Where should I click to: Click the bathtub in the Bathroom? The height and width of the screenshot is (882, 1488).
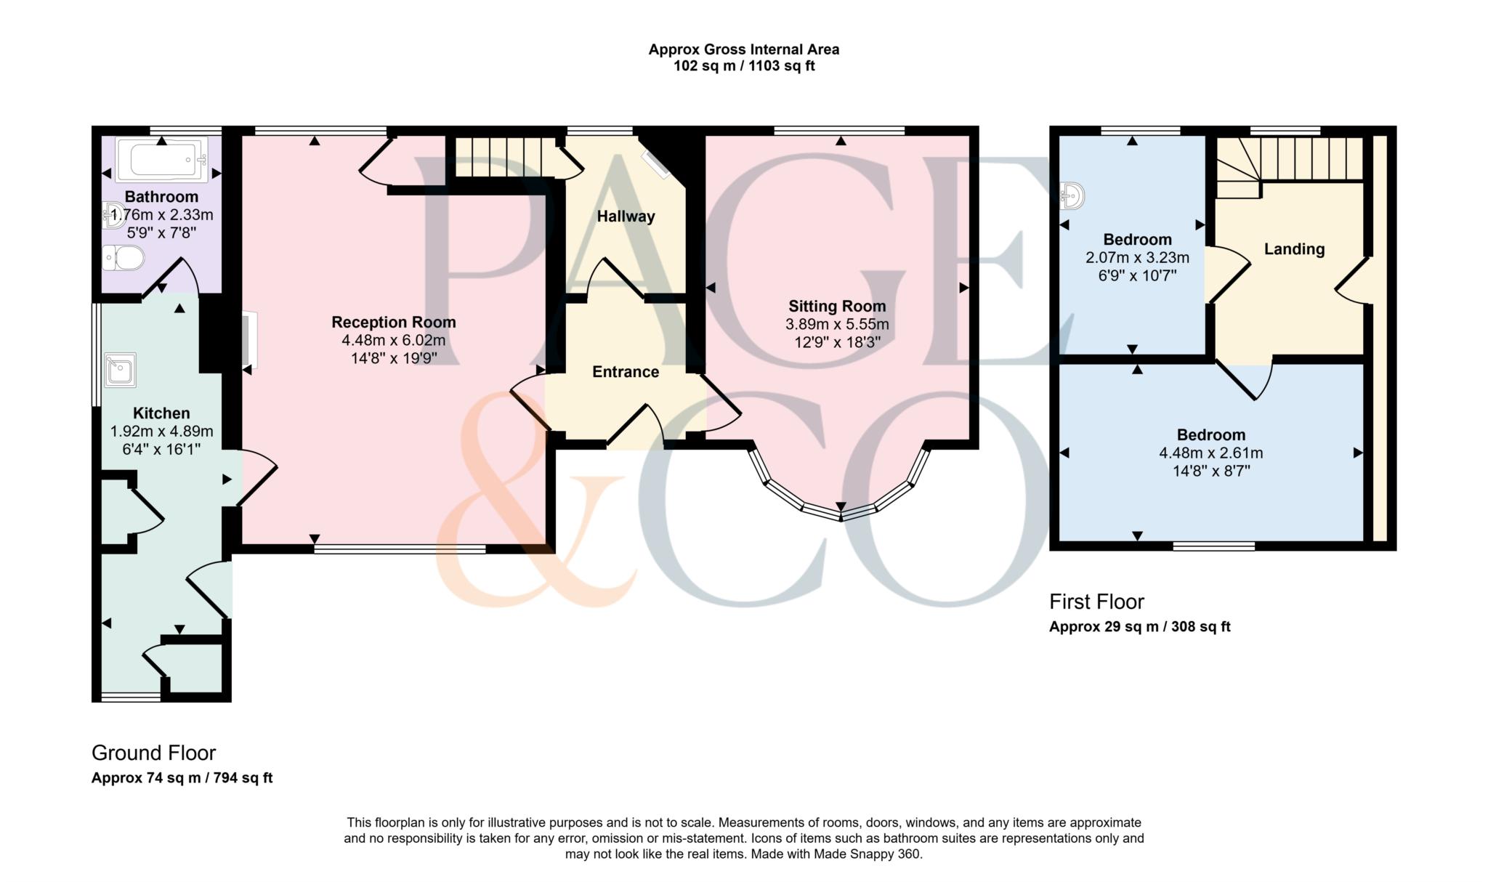(x=161, y=159)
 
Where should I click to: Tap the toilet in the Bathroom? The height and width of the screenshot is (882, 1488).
(x=123, y=257)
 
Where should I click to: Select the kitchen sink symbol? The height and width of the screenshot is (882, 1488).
(x=119, y=370)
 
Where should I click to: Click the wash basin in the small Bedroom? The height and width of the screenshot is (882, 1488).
(x=1072, y=195)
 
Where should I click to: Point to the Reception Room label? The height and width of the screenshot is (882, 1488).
(x=393, y=322)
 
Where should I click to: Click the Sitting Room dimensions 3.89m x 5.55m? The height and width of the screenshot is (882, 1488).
(x=837, y=324)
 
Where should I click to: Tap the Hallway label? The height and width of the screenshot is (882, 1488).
(x=626, y=217)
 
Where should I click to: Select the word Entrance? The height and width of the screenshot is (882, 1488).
(x=626, y=372)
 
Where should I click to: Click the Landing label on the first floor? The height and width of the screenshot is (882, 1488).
(x=1294, y=249)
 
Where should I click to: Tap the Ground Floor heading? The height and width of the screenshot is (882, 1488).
(x=153, y=753)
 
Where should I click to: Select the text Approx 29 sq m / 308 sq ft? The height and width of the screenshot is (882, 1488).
(x=1139, y=626)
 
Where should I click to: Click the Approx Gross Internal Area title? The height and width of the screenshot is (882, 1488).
(x=743, y=49)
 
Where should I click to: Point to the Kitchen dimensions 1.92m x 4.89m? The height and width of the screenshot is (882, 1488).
(x=161, y=432)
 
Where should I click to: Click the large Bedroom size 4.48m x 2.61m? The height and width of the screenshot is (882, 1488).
(x=1210, y=453)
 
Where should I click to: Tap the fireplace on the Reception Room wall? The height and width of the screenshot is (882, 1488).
(x=249, y=340)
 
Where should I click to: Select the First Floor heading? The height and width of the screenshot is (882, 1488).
(x=1096, y=602)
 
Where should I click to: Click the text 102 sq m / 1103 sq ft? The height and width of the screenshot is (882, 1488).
(x=743, y=66)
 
